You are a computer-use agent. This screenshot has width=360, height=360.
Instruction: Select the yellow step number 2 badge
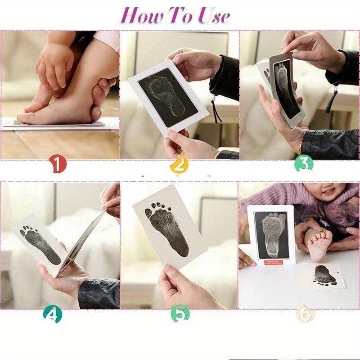[179, 165]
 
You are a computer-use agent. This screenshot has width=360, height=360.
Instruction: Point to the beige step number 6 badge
[305, 315]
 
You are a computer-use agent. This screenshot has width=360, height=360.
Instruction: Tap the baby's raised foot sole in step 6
[319, 245]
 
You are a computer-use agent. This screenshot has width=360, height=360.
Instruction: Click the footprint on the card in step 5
[166, 228]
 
